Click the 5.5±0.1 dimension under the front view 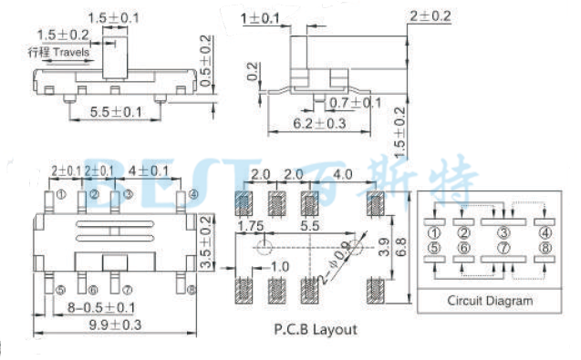click(x=116, y=112)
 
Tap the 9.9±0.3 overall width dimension click(x=115, y=324)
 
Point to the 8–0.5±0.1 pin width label click(x=100, y=306)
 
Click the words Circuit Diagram click(x=488, y=301)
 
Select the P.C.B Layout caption click(x=316, y=330)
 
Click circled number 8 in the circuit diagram click(x=545, y=247)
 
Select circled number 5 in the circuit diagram click(x=433, y=247)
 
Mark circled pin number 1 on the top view click(x=61, y=194)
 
